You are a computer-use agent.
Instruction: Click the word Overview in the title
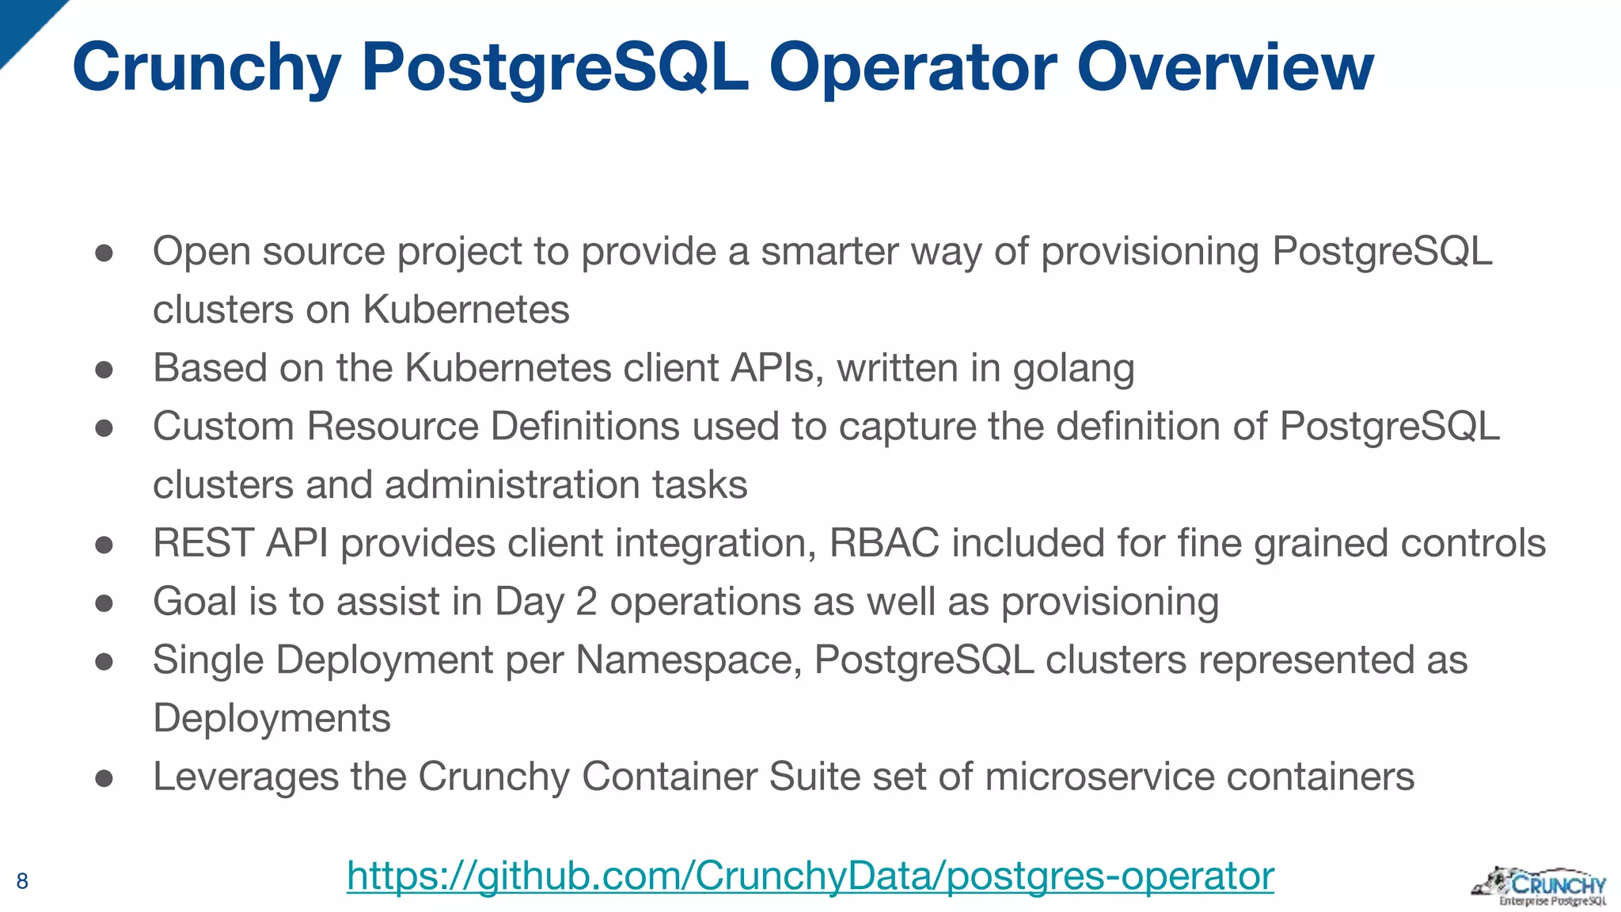[1224, 67]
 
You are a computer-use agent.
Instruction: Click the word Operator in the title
[913, 67]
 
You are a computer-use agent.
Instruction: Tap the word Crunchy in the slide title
[207, 67]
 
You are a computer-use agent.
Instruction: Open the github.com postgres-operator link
[810, 876]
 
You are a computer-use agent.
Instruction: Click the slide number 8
[22, 881]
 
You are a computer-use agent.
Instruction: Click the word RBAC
[884, 543]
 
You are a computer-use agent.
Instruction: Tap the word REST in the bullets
[203, 543]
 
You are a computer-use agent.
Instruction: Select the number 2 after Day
[586, 602]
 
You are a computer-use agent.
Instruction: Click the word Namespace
[687, 660]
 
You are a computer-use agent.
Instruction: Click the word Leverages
[245, 777]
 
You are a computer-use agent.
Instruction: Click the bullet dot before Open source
[104, 253]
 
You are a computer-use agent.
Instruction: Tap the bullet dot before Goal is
[104, 603]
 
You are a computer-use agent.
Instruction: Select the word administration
[511, 484]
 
